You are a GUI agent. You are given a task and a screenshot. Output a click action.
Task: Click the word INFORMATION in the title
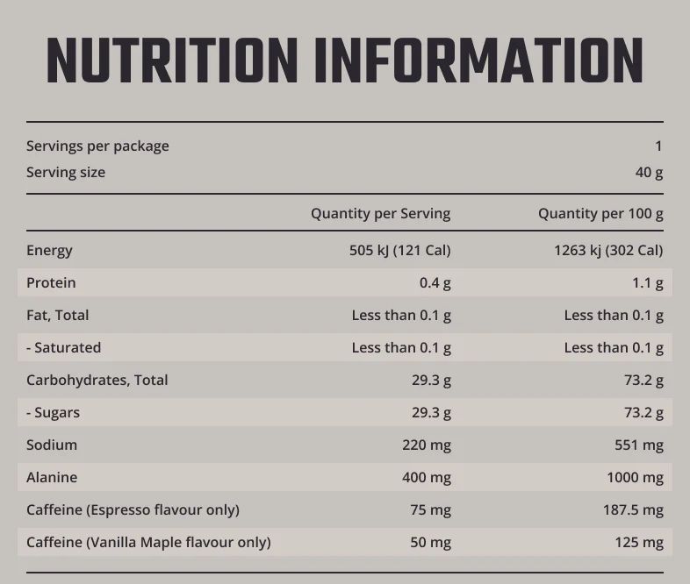(x=478, y=61)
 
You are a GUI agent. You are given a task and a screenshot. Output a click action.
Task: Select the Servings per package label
(x=97, y=146)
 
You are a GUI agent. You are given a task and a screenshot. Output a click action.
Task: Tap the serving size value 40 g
(x=649, y=172)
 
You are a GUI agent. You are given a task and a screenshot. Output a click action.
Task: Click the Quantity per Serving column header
(x=380, y=213)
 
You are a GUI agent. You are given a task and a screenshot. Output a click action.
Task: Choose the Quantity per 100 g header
(x=600, y=213)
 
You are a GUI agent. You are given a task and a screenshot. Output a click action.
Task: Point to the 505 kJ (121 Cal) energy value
(x=399, y=250)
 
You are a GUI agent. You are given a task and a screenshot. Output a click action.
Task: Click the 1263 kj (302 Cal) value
(x=608, y=250)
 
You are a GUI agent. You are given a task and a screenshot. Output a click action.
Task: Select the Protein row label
(x=51, y=282)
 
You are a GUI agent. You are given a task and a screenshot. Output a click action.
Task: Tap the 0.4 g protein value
(x=435, y=282)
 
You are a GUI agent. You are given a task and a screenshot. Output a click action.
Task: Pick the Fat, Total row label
(x=58, y=315)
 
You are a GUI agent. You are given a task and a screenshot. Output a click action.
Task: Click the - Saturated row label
(x=63, y=347)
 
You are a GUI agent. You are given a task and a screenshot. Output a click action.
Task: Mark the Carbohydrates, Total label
(x=97, y=380)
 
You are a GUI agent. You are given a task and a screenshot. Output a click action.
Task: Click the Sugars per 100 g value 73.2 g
(x=643, y=412)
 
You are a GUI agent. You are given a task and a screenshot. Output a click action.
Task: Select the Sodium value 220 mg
(x=427, y=445)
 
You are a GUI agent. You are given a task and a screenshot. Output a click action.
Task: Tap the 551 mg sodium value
(x=639, y=445)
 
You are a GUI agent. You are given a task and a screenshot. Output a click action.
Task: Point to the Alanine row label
(x=52, y=477)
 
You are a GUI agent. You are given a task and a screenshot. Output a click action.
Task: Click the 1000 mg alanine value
(x=635, y=477)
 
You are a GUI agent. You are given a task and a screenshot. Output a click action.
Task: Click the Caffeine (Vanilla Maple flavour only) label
(x=148, y=542)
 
